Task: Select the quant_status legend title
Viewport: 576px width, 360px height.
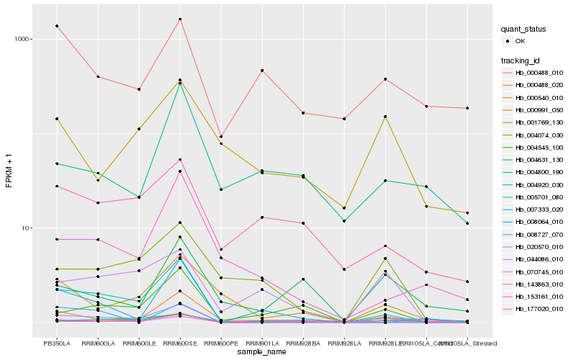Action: click(523, 29)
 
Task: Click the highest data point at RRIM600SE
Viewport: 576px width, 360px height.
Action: click(180, 19)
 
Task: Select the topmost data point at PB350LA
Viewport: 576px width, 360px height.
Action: click(57, 26)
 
